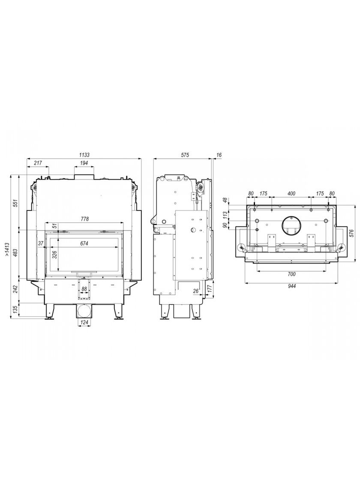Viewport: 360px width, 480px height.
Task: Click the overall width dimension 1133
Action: (x=84, y=155)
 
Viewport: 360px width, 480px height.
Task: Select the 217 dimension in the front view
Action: (x=38, y=163)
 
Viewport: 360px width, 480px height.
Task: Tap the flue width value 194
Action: (x=84, y=163)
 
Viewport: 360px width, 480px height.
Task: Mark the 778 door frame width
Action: (x=84, y=219)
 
